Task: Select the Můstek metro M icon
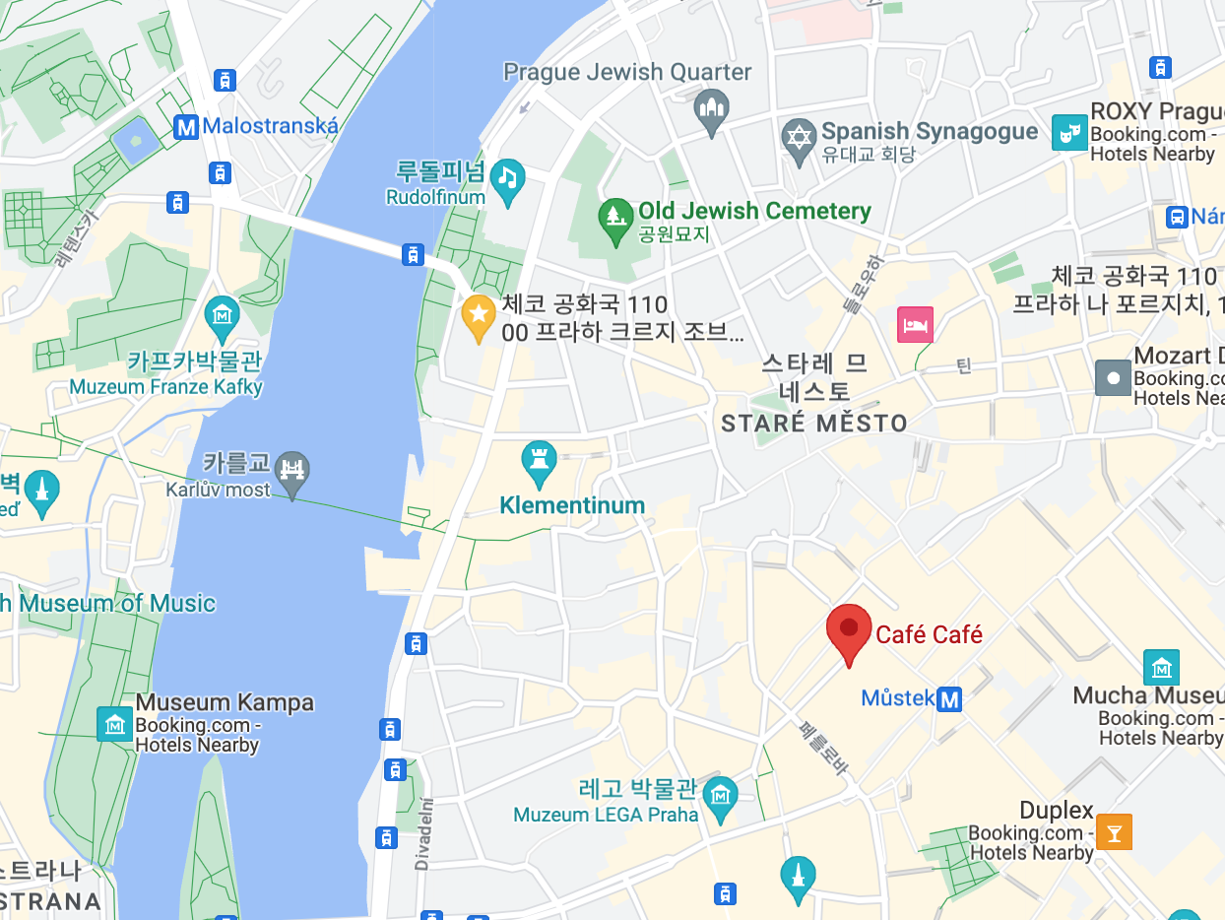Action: point(949,699)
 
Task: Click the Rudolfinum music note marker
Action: point(507,178)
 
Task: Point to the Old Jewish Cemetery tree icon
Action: point(616,218)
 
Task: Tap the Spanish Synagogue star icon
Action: point(799,137)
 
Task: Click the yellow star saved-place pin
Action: point(479,315)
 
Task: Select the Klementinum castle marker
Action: point(540,460)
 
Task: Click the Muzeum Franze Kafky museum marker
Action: point(223,316)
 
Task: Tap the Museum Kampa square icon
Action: point(114,724)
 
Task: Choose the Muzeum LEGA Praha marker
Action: point(722,794)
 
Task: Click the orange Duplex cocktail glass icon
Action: point(1115,831)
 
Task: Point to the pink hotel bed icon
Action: point(915,324)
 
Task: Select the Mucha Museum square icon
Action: point(1162,667)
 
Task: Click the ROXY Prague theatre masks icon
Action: point(1069,132)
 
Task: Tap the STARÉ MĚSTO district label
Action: point(814,425)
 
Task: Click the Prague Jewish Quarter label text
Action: point(627,72)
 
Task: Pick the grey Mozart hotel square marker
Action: point(1114,377)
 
